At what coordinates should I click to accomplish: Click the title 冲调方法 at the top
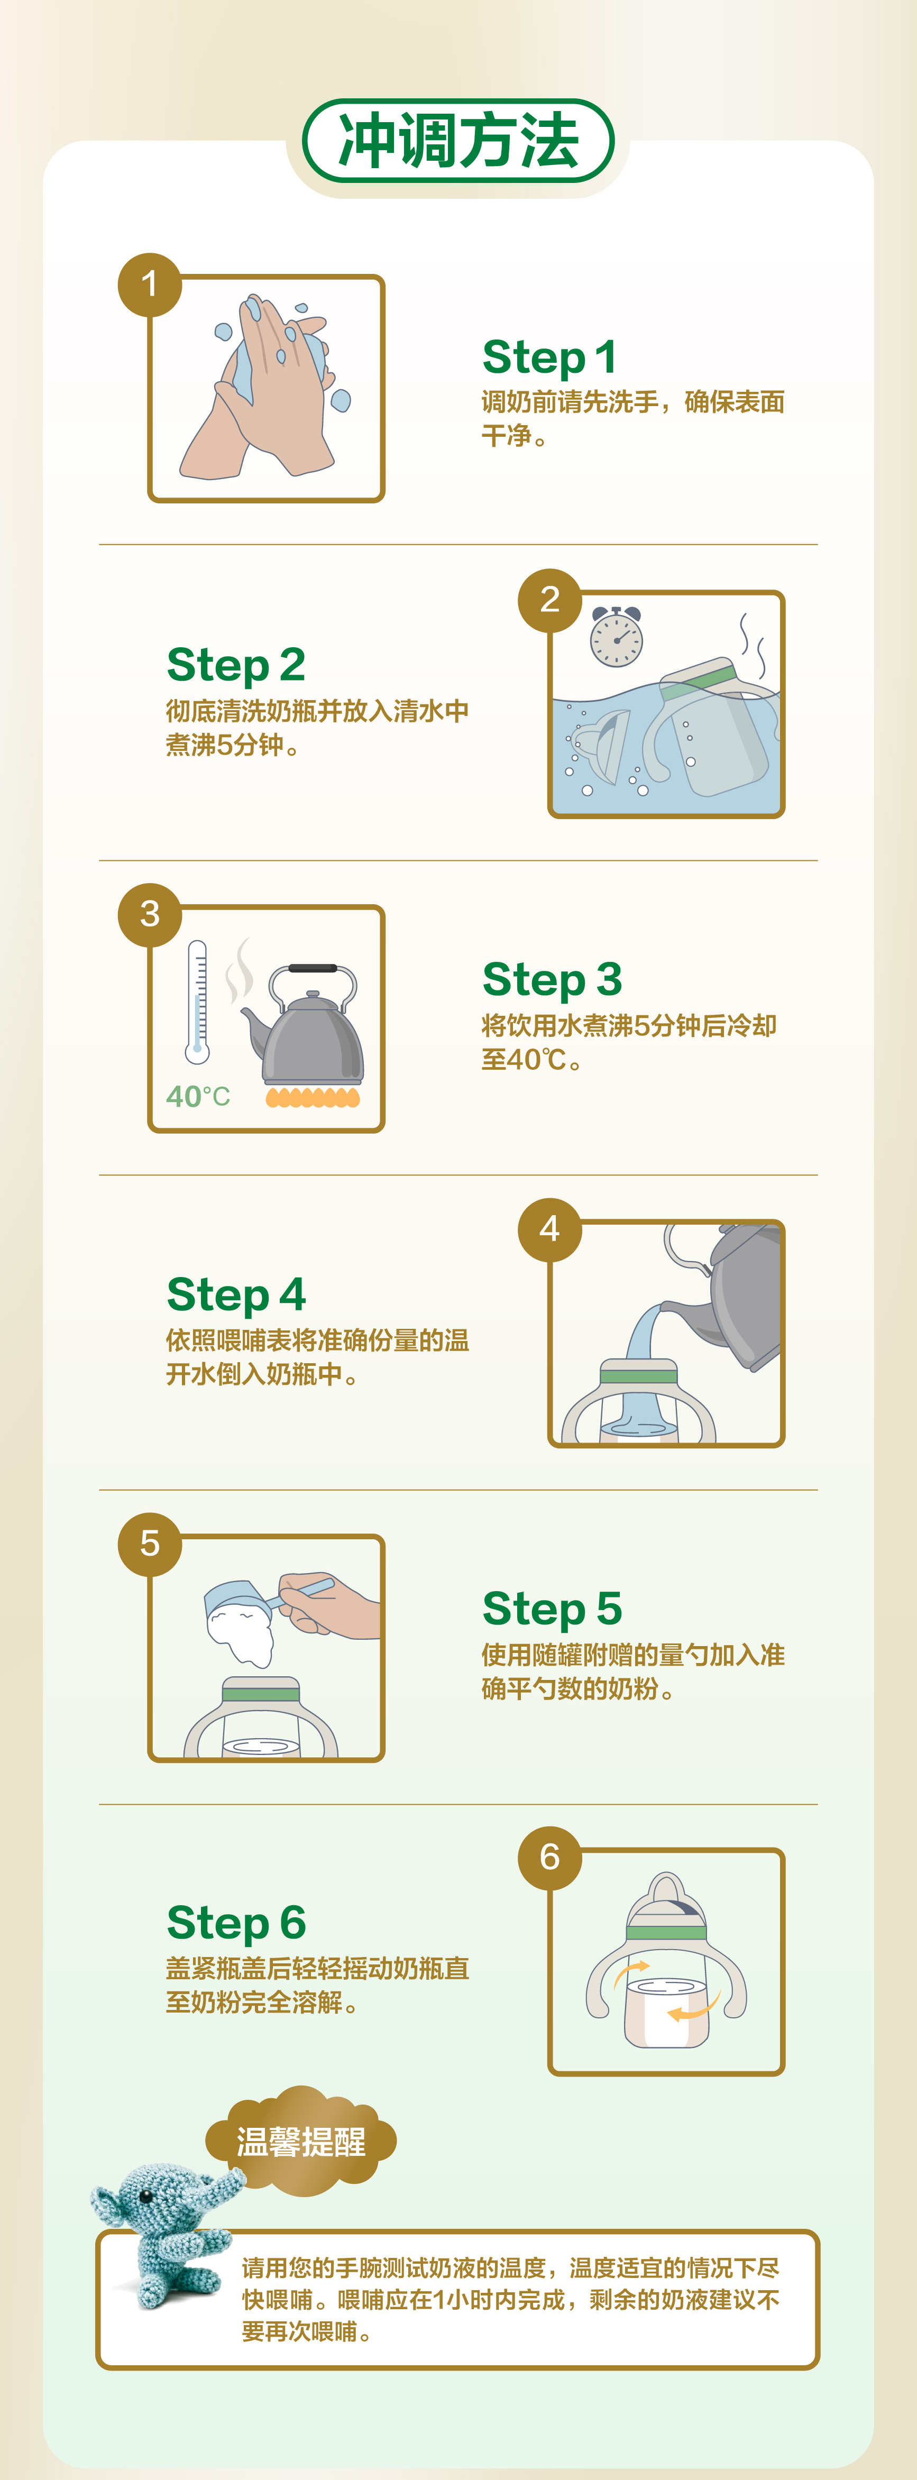[x=459, y=141]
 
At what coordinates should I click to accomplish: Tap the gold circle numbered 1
[x=149, y=284]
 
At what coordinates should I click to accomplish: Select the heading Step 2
[x=236, y=664]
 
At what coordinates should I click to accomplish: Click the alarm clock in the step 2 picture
[x=617, y=636]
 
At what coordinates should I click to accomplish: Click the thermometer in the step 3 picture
[x=197, y=1001]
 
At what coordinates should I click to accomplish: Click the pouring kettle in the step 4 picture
[x=732, y=1295]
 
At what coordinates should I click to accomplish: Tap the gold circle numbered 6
[x=550, y=1857]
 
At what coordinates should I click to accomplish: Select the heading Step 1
[x=549, y=356]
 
